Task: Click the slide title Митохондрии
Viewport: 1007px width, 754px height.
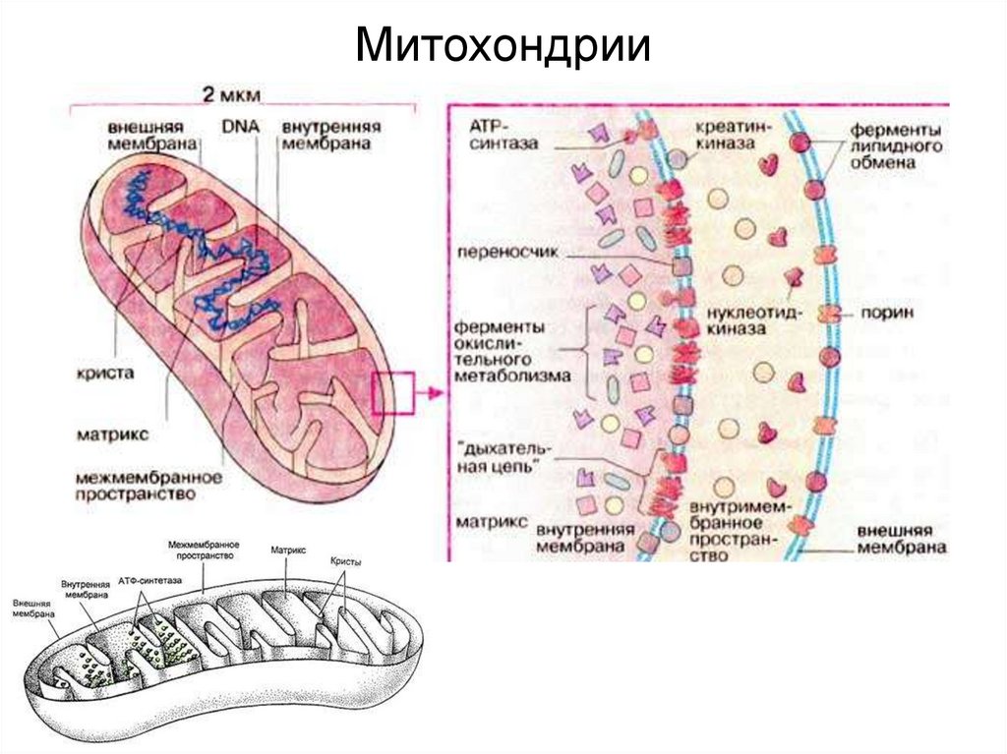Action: pyautogui.click(x=503, y=46)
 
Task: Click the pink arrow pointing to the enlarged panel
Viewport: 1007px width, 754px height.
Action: pyautogui.click(x=425, y=395)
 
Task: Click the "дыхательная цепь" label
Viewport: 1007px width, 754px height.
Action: pyautogui.click(x=504, y=458)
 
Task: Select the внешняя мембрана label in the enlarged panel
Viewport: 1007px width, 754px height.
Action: pyautogui.click(x=901, y=540)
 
